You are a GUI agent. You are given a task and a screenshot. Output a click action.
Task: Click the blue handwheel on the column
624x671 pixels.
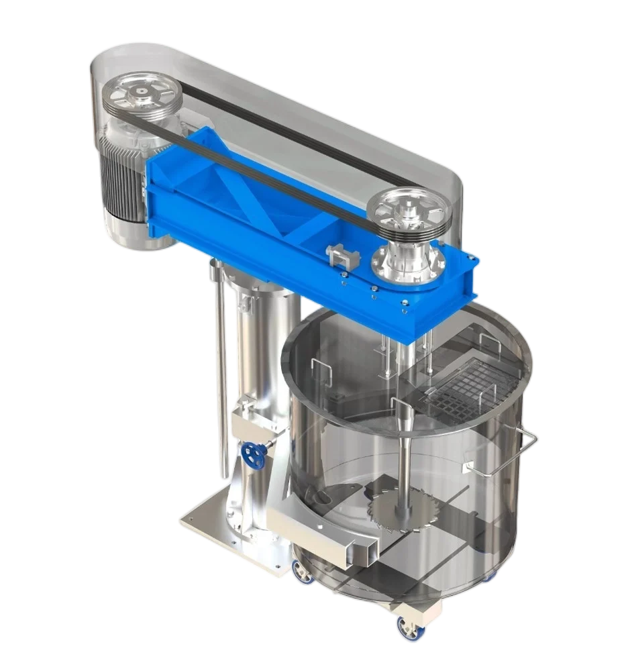pos(254,457)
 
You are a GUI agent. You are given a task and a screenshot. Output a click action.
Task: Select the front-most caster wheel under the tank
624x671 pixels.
pos(409,627)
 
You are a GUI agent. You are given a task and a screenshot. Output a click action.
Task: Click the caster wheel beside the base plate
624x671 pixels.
pos(299,570)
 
